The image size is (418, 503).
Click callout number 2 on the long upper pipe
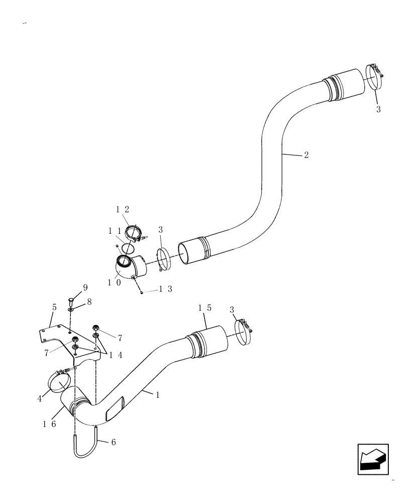tap(306, 155)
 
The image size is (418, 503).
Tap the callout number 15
tap(204, 308)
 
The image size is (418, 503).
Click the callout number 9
tap(85, 288)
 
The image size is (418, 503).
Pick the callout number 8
tap(89, 302)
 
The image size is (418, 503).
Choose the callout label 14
tap(115, 354)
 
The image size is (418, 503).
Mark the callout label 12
tap(123, 209)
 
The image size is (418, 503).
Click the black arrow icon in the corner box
tap(373, 459)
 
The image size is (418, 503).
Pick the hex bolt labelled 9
tap(71, 302)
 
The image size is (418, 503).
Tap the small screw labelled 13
tap(143, 292)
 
